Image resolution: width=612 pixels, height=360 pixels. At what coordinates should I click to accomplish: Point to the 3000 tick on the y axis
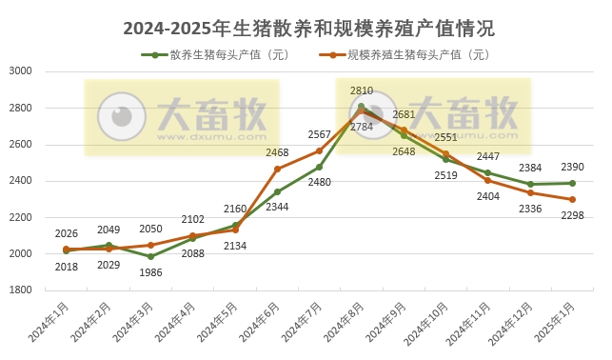click(21, 71)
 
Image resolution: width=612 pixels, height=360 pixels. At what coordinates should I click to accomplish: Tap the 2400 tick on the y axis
click(21, 181)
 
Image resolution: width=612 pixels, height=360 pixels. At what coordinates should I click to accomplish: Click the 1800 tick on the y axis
click(21, 290)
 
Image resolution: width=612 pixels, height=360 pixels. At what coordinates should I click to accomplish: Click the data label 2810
click(362, 91)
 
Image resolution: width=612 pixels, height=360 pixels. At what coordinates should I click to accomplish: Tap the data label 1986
click(151, 272)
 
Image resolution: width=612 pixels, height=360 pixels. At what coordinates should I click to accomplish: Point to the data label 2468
click(277, 152)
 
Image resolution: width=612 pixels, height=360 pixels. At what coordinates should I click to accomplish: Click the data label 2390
click(573, 168)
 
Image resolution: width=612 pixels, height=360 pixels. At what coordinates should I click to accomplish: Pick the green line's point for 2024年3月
click(151, 256)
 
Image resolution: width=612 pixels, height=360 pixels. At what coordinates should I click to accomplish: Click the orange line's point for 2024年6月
click(277, 169)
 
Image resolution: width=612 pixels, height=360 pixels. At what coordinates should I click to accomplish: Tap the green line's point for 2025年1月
click(572, 183)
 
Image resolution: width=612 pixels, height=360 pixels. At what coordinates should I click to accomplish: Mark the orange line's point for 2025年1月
click(572, 200)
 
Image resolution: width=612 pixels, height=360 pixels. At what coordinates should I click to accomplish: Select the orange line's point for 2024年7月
click(320, 150)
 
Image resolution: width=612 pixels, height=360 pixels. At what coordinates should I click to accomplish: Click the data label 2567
click(320, 134)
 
